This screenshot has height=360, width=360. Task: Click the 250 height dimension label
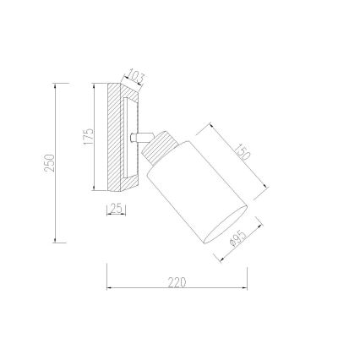pos(49,163)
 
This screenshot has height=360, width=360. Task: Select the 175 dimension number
pos(88,137)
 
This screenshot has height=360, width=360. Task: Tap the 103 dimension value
pos(135,77)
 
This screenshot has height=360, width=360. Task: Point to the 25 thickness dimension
pos(117,209)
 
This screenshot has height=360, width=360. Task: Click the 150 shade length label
pos(243,152)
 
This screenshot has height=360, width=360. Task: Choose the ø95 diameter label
pos(237,238)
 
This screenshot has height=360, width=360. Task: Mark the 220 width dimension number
pos(177,282)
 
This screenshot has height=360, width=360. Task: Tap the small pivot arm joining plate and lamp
pos(142,137)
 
